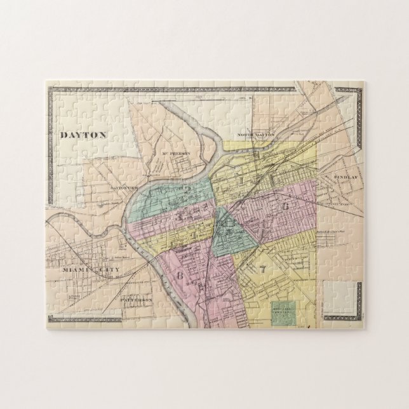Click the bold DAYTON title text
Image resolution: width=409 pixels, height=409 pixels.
[x=81, y=134]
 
